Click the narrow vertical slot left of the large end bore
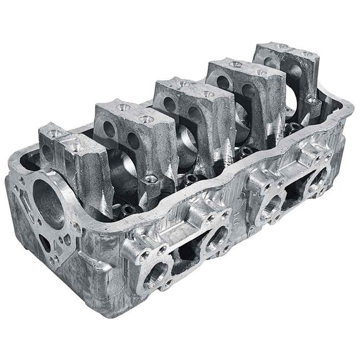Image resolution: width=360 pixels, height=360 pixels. coord(27,207)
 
